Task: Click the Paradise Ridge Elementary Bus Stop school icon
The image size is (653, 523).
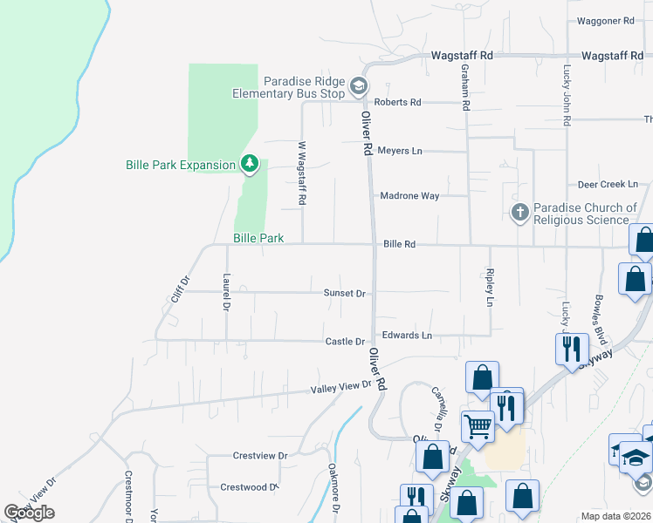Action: tap(358, 87)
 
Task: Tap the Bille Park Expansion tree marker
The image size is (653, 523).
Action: tap(250, 164)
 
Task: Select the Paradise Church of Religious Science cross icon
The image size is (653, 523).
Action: tap(519, 212)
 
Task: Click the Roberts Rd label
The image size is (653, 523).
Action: tap(398, 102)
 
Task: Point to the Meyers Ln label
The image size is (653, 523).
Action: tap(400, 151)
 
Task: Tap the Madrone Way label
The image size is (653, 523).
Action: tap(409, 196)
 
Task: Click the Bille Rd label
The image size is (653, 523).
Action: tap(399, 245)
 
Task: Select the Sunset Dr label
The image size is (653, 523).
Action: tap(344, 294)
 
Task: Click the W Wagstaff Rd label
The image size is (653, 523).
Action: tap(302, 173)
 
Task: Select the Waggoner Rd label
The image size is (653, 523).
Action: tap(605, 21)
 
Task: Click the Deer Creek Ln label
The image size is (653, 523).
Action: tap(608, 185)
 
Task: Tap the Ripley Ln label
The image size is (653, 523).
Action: tap(490, 289)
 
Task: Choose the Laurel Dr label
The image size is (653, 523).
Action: tap(226, 293)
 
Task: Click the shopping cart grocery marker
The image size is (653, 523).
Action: tap(477, 426)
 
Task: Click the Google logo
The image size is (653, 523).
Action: tap(29, 513)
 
